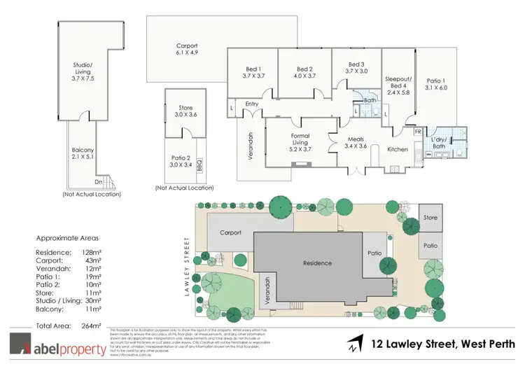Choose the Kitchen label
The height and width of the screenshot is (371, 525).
click(398, 148)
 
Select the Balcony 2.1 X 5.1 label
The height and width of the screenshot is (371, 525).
click(83, 153)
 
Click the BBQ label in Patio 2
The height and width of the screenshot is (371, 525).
click(199, 167)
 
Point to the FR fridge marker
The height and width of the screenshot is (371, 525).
click(418, 132)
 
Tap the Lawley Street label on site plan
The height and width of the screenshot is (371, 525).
click(187, 267)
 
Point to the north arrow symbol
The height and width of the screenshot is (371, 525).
click(355, 345)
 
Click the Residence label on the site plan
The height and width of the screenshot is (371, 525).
click(317, 263)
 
